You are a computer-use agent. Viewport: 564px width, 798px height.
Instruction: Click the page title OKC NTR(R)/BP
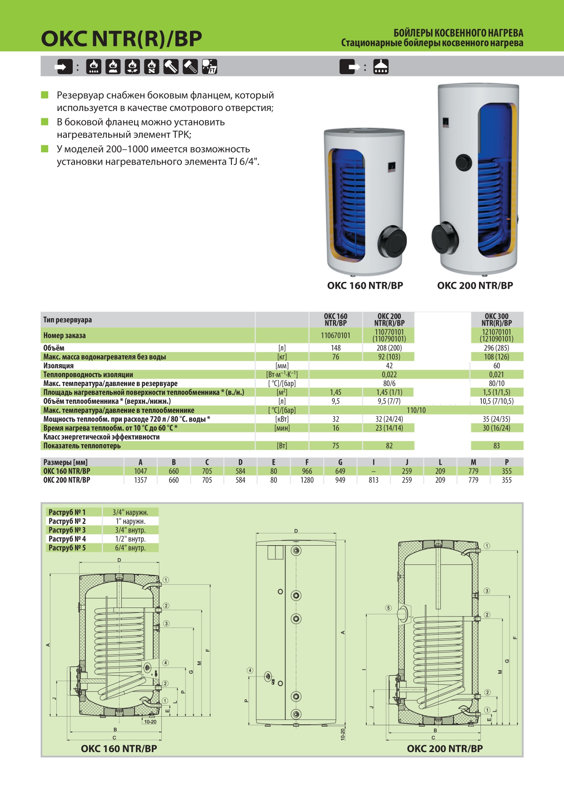[121, 39]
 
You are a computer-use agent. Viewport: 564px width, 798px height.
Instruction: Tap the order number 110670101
[335, 336]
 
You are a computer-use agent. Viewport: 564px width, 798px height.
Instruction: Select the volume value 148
[335, 348]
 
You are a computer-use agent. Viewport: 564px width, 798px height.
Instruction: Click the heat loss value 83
[496, 446]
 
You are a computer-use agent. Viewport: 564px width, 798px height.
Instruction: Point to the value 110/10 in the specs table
[416, 410]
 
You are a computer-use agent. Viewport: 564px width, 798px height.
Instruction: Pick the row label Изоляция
[58, 366]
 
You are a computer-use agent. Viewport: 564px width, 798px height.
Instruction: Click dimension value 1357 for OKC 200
[140, 480]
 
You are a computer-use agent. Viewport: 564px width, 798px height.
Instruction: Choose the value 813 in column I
[374, 480]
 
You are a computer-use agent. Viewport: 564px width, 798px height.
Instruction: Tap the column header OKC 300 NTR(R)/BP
[496, 319]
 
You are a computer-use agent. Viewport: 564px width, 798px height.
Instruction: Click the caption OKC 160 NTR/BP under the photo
[365, 286]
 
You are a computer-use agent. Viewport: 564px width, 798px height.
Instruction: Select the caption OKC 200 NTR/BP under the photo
[475, 286]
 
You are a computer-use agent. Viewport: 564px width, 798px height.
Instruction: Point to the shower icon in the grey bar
[381, 67]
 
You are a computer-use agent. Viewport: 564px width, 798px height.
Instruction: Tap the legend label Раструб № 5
[67, 548]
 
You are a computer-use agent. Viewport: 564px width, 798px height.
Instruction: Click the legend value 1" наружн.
[130, 521]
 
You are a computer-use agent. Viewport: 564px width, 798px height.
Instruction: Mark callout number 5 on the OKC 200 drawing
[388, 608]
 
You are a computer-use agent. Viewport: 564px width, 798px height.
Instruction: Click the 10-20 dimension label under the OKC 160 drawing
[150, 722]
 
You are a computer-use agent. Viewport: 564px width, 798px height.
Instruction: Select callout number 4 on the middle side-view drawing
[250, 670]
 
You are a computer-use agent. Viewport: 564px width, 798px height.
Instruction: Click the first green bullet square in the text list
[45, 95]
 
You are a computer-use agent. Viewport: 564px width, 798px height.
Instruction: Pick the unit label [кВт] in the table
[282, 419]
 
